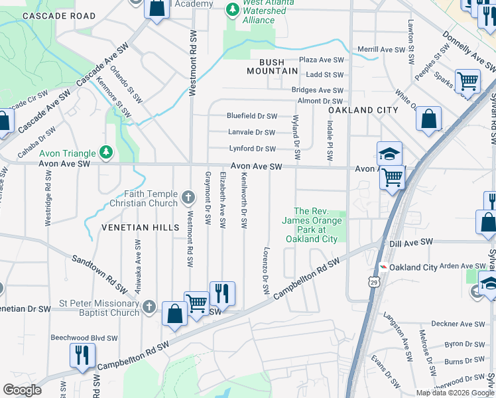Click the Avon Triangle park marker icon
(x=106, y=153)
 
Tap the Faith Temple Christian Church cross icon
(x=189, y=197)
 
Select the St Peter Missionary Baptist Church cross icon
(x=150, y=307)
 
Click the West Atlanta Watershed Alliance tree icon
(x=232, y=9)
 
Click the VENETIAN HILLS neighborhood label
(x=140, y=228)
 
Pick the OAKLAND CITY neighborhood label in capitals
(x=363, y=110)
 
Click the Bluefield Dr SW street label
(x=251, y=115)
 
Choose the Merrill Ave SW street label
(x=381, y=50)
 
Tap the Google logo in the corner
(x=23, y=390)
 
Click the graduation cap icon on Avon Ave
(x=389, y=155)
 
